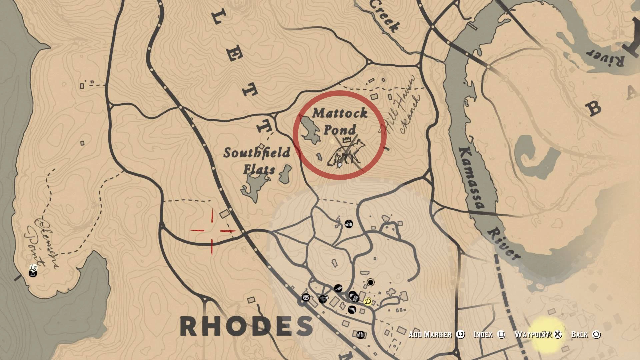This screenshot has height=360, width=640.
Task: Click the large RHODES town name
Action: tap(247, 326)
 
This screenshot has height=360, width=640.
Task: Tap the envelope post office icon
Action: tap(306, 297)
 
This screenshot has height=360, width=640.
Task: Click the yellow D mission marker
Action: tap(368, 302)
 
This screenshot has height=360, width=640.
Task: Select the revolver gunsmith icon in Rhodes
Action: tap(352, 310)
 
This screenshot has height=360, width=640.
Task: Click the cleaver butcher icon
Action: tap(338, 288)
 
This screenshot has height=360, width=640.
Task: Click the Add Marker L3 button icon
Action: tap(460, 334)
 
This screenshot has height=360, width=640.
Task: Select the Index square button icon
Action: tap(501, 334)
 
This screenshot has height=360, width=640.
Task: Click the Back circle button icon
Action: tap(596, 334)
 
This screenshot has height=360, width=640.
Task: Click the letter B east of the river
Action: tap(594, 108)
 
